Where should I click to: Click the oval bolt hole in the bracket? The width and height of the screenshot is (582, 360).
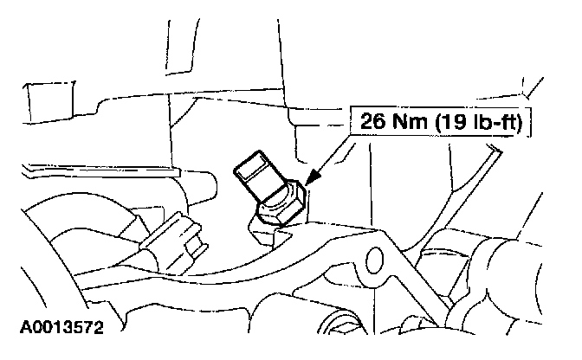(x=375, y=257)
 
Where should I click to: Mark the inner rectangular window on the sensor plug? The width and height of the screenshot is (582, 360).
(x=257, y=173)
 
